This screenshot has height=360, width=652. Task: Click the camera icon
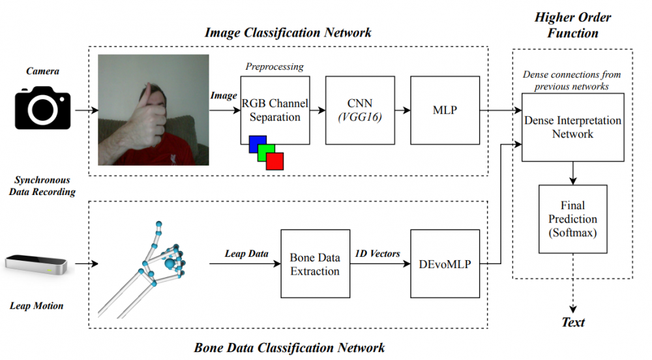coord(42,109)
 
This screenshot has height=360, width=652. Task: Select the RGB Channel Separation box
coord(274,110)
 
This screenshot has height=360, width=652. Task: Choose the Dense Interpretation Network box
coord(572,127)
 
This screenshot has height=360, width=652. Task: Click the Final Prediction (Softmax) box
coord(572,219)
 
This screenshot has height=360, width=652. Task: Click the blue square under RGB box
coord(256,143)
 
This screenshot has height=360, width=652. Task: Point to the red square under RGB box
coord(275,161)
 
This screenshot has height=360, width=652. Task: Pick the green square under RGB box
coord(265,152)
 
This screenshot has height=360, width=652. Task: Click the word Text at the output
coord(573,322)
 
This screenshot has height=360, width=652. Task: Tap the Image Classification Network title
coord(288,32)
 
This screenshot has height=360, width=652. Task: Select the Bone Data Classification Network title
coord(289,347)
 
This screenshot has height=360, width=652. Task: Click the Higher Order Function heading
coord(572,24)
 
